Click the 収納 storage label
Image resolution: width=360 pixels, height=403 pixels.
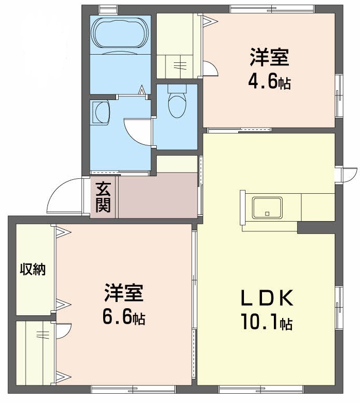pyautogui.click(x=33, y=268)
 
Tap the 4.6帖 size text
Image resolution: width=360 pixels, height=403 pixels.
pyautogui.click(x=269, y=81)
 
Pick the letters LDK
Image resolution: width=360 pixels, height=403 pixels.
pyautogui.click(x=266, y=298)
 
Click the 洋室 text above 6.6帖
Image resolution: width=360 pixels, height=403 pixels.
pyautogui.click(x=123, y=293)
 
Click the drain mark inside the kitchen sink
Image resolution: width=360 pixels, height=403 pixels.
pyautogui.click(x=267, y=212)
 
